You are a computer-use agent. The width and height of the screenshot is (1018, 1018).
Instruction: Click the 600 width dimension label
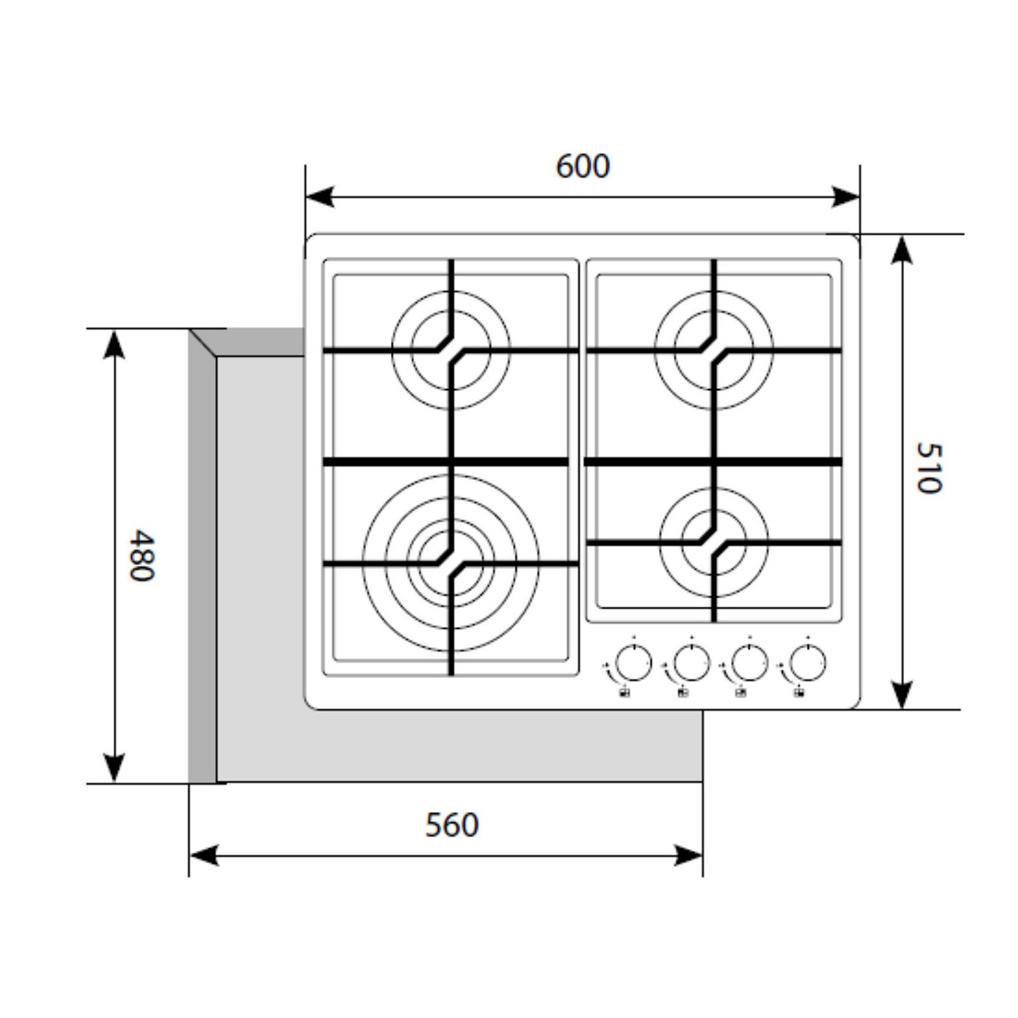(583, 166)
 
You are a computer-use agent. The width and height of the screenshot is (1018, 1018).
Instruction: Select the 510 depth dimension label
(928, 468)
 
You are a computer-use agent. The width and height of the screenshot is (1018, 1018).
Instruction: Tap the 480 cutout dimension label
(143, 555)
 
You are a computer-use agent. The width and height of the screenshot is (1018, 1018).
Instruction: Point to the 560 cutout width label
(452, 825)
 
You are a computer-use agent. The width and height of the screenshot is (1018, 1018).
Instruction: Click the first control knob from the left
(634, 662)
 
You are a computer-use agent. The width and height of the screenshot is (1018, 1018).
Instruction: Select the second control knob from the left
(692, 662)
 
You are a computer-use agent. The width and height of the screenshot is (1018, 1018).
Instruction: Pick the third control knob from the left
(750, 662)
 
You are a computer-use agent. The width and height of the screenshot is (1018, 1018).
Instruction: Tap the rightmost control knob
(808, 662)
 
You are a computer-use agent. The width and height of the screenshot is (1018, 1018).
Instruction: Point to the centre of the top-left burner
(451, 350)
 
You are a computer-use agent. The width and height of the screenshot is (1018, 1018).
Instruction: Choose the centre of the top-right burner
(714, 350)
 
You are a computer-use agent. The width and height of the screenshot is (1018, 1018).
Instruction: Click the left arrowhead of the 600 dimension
(319, 197)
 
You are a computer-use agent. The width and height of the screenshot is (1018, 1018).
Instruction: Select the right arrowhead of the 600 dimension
(846, 197)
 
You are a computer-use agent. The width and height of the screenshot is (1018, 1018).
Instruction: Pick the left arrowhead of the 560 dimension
(203, 856)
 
